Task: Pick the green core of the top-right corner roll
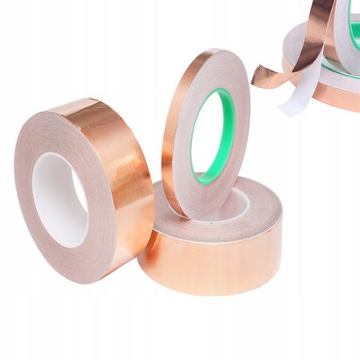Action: click(x=354, y=32)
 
